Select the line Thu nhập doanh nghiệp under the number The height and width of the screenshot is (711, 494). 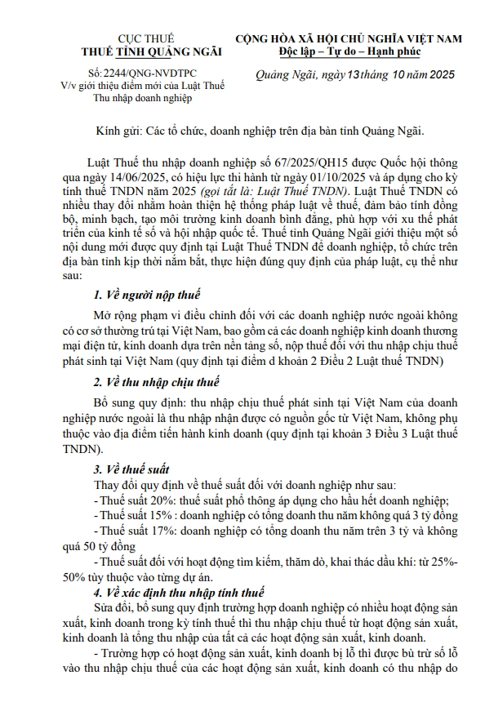point(143,98)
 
